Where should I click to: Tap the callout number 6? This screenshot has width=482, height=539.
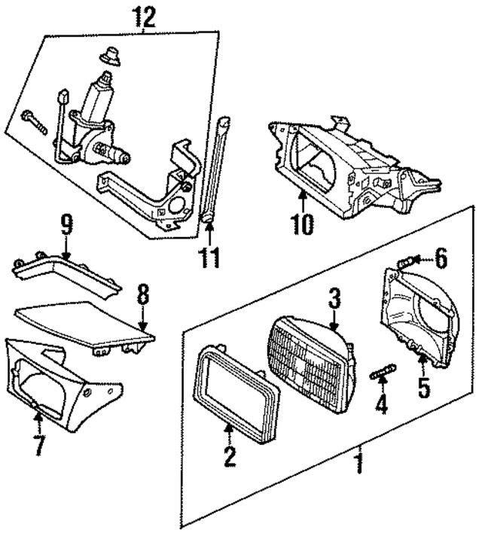point(441,259)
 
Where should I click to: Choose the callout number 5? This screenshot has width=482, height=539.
point(423,388)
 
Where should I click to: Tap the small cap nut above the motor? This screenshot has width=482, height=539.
point(109,57)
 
